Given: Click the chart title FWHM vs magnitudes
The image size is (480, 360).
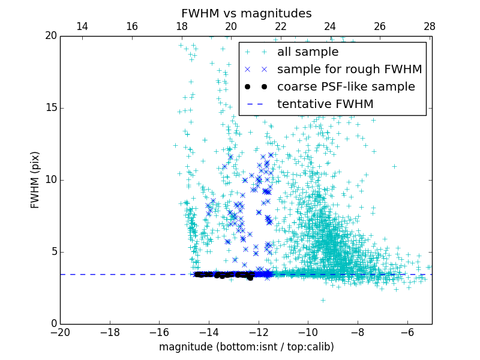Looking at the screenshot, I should (246, 13).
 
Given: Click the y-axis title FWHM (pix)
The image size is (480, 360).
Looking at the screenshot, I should (35, 179).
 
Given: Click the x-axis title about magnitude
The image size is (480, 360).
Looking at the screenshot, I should (246, 347).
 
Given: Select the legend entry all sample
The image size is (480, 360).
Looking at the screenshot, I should (308, 52).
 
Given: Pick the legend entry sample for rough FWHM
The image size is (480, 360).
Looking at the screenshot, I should (349, 70).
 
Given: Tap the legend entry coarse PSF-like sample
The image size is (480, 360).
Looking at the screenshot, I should (346, 87).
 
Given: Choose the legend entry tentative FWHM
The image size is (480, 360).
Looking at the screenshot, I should (325, 104).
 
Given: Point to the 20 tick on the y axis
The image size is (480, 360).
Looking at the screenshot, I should (50, 36).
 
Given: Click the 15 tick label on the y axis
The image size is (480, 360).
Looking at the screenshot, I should (50, 108).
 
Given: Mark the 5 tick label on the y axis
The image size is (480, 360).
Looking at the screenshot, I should (53, 252).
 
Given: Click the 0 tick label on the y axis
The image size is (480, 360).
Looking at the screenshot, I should (53, 324).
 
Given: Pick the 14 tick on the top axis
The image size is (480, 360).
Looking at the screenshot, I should (82, 26).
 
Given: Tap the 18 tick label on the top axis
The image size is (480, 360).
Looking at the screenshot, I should (181, 26).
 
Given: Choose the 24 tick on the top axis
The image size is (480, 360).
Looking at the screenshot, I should (330, 26).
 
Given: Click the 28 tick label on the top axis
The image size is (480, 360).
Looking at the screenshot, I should (429, 26).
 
